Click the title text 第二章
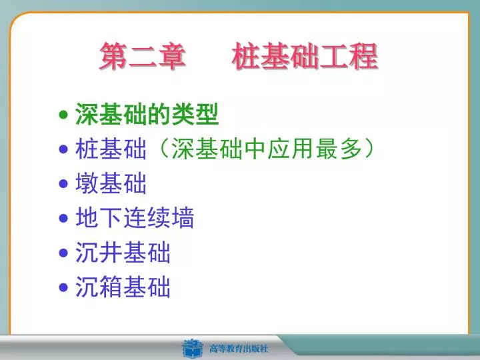tap(143, 56)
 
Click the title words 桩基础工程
tap(305, 56)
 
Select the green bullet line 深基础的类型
tap(147, 114)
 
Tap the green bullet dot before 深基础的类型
tap(63, 115)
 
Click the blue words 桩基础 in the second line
tap(111, 149)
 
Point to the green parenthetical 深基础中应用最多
tap(267, 149)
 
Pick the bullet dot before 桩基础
tap(63, 149)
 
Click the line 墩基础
tap(111, 183)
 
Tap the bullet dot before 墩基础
tap(63, 184)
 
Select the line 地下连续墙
tap(135, 217)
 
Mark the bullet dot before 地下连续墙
tap(63, 218)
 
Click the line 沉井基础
tap(123, 252)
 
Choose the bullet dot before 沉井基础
tap(63, 253)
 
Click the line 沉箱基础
tap(123, 287)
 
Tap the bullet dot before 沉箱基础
tap(63, 288)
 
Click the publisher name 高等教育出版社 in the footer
tap(239, 349)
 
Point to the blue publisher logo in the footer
tap(192, 349)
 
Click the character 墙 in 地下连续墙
tap(183, 217)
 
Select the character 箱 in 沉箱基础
tap(111, 287)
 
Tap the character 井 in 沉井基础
tap(111, 252)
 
